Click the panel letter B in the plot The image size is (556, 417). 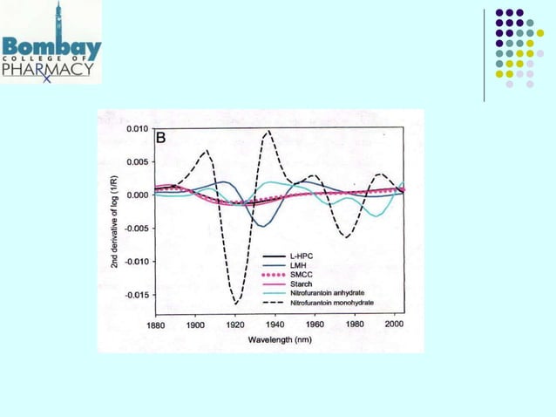(161, 137)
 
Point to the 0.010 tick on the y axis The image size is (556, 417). (134, 128)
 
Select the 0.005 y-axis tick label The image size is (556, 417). (134, 161)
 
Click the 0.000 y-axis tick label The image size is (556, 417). (134, 195)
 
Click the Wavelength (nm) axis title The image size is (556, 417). (279, 337)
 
